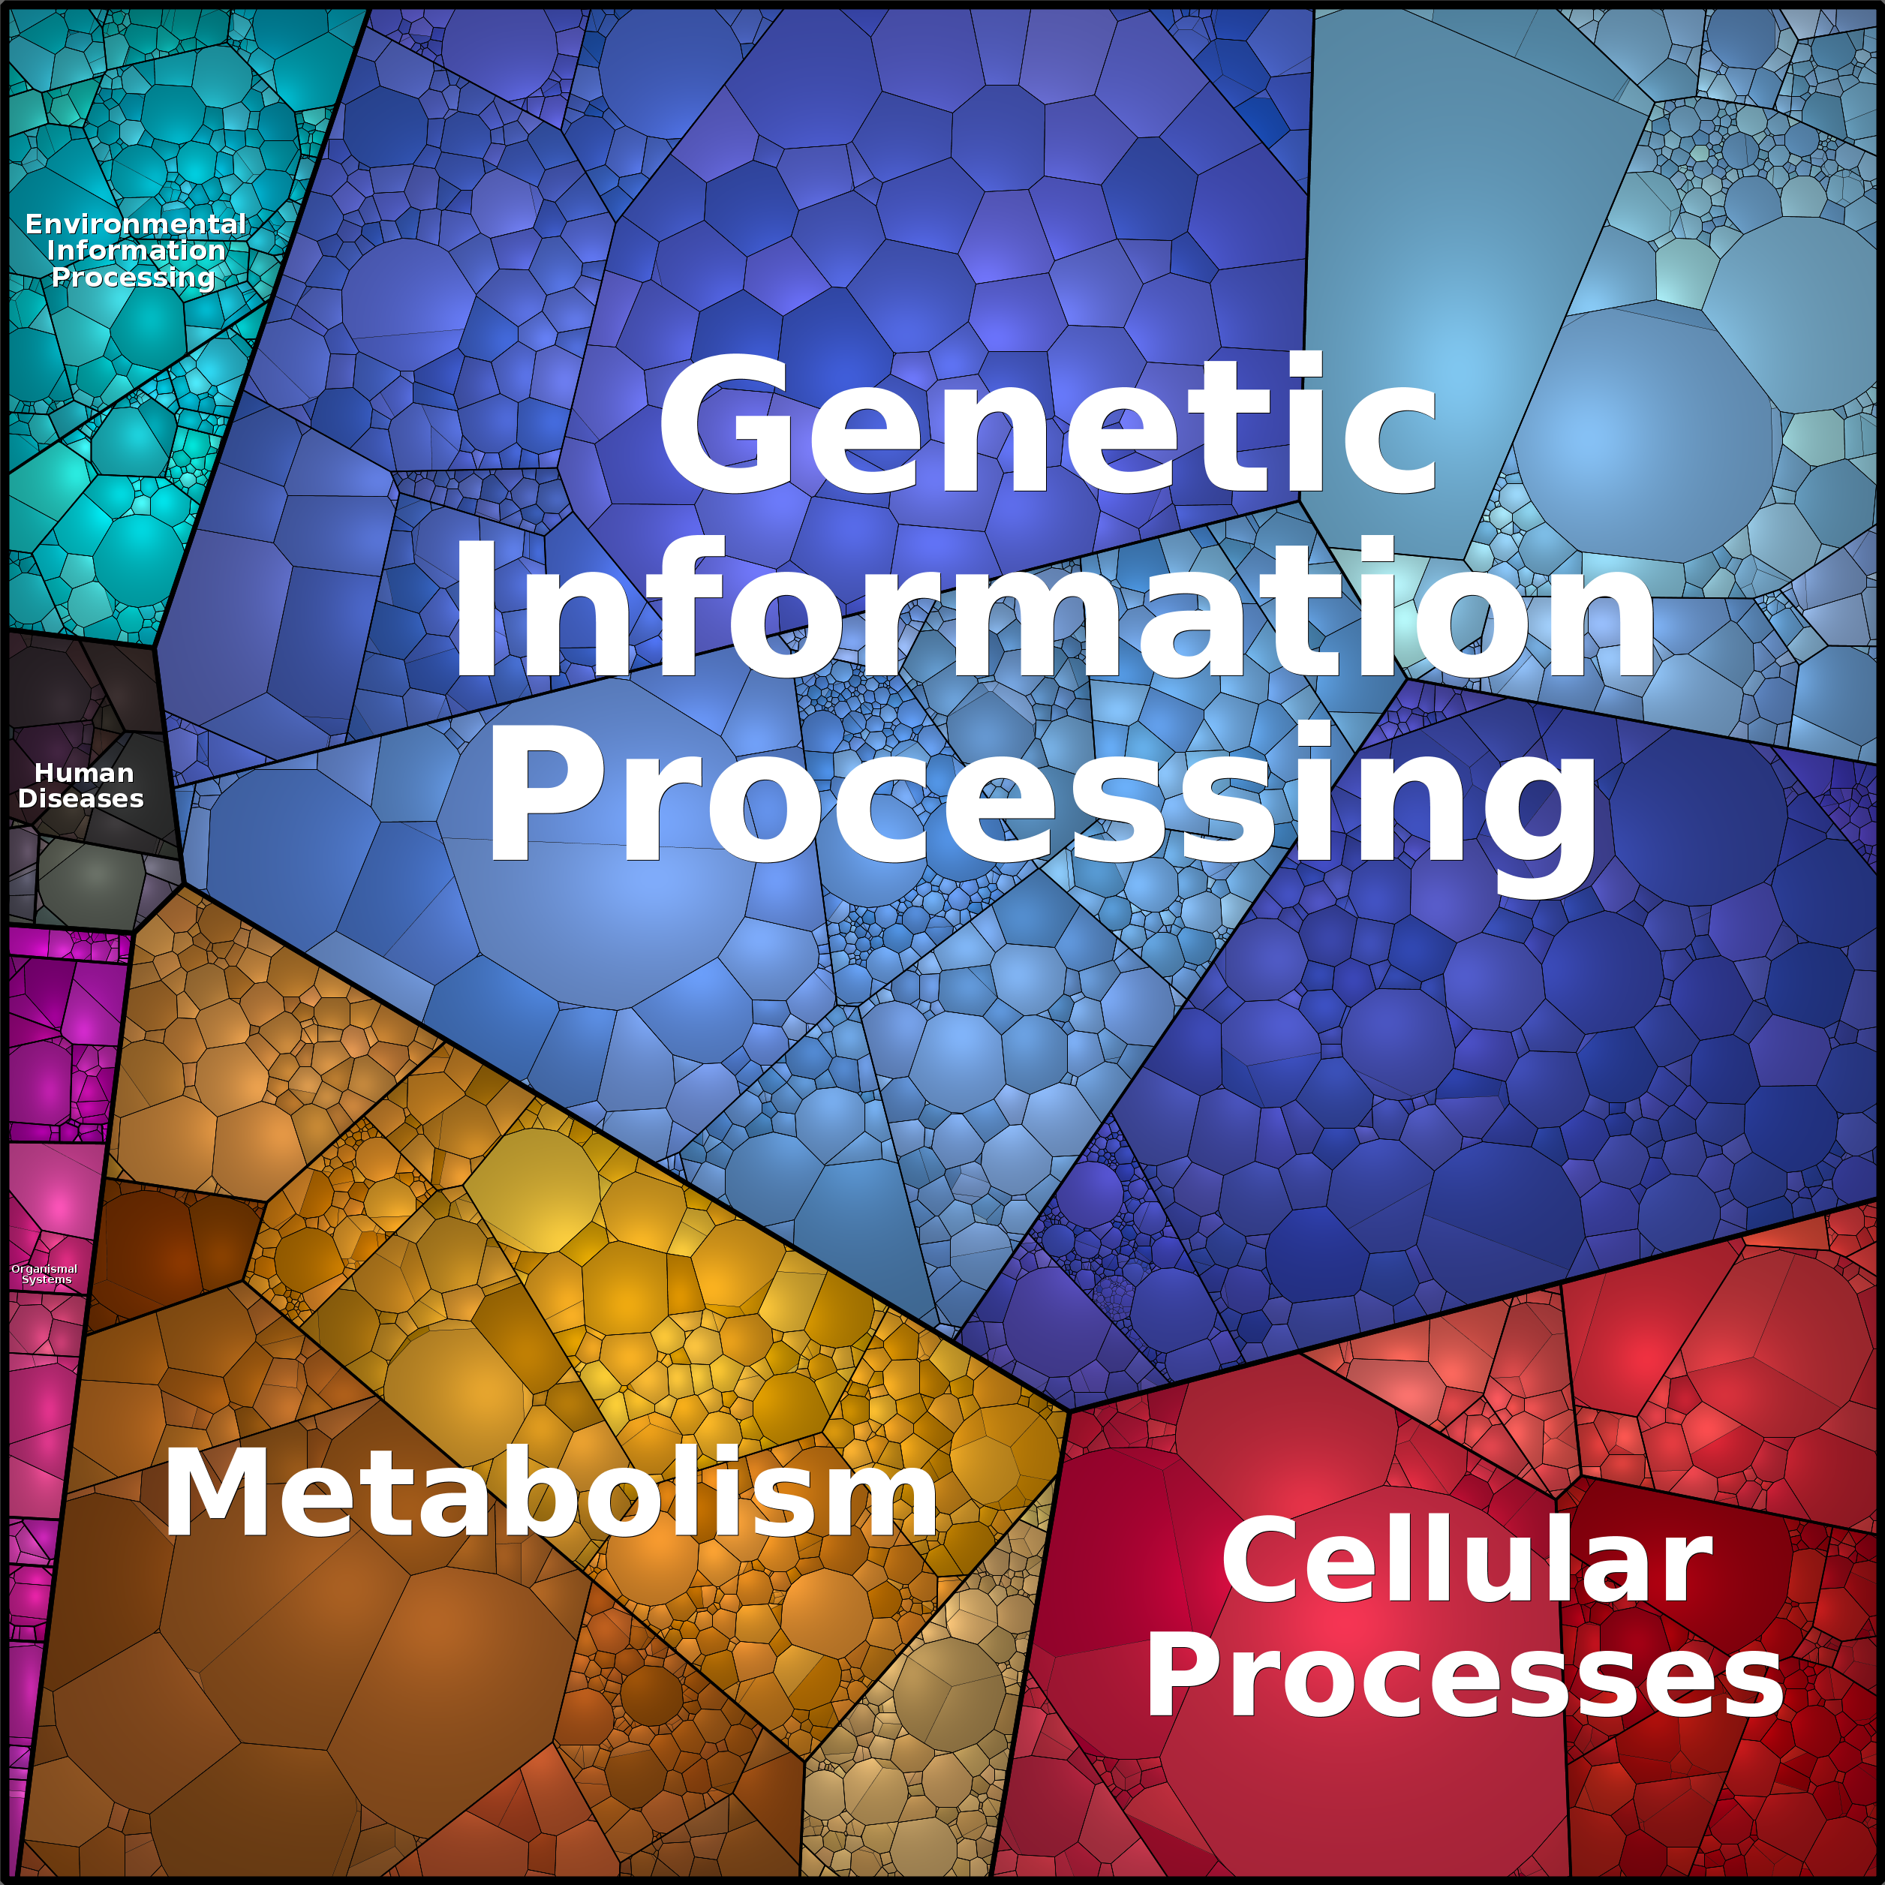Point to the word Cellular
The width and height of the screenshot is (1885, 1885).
click(1466, 1561)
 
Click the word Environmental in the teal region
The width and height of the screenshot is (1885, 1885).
click(136, 224)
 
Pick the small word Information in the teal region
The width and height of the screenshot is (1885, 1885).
click(136, 250)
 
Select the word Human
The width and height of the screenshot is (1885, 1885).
click(84, 773)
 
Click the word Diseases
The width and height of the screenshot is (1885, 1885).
click(81, 798)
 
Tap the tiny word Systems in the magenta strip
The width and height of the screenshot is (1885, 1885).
click(47, 1279)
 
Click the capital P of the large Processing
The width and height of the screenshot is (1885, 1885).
click(536, 792)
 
